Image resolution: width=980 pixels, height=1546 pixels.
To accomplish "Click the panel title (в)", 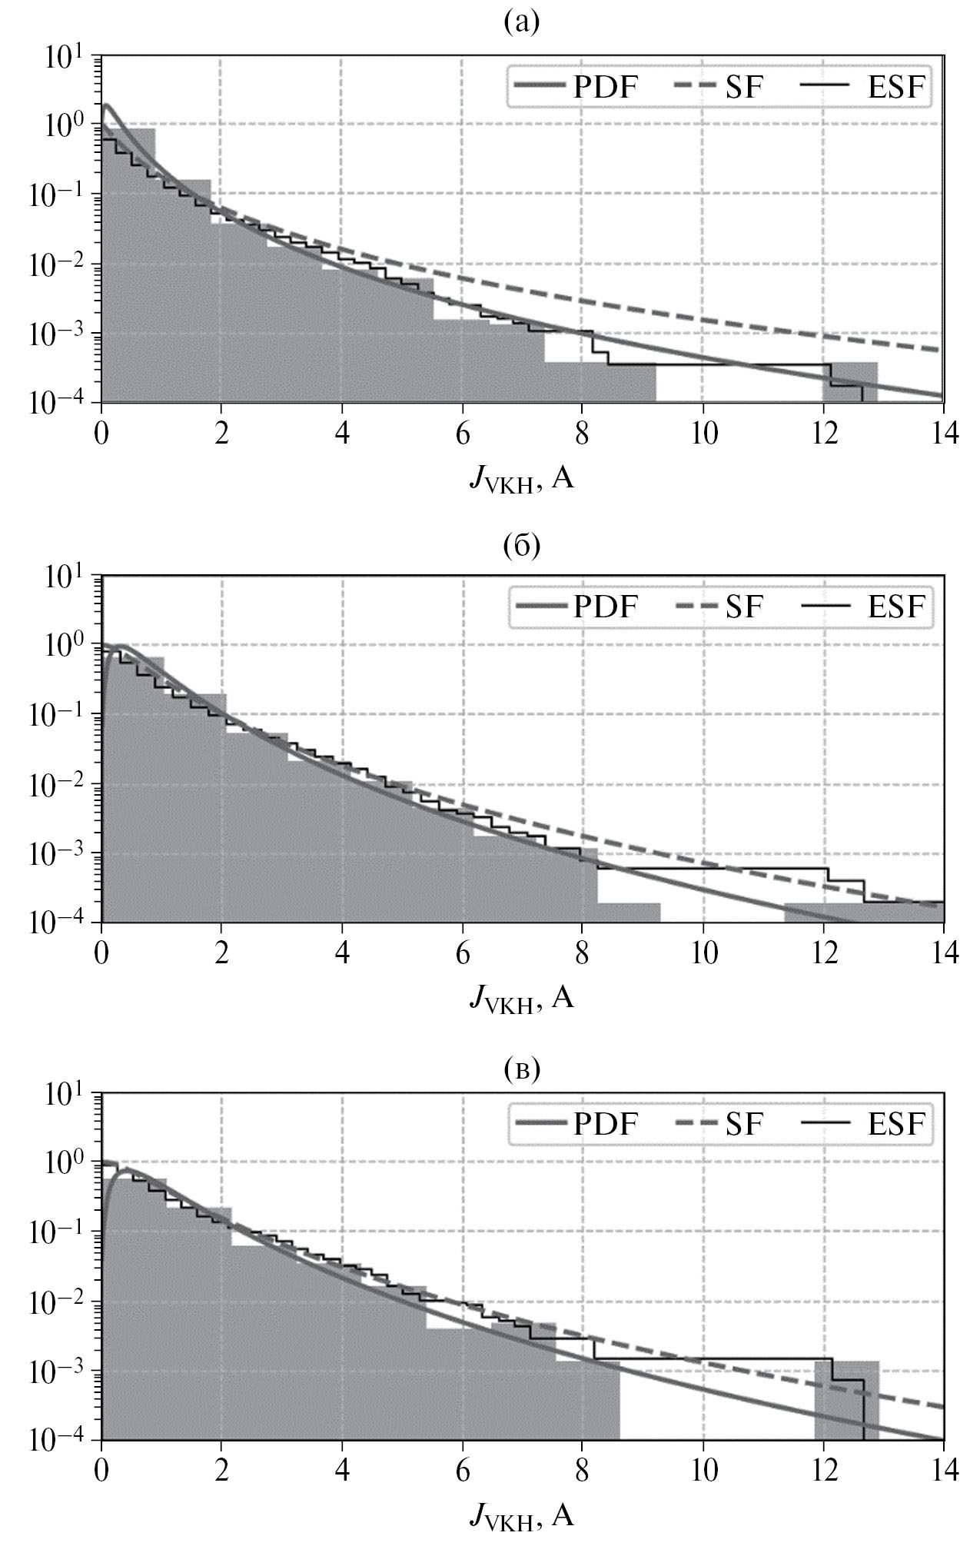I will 522,1068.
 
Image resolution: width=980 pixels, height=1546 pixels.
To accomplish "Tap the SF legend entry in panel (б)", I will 718,607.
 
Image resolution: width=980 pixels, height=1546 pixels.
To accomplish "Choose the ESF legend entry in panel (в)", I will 862,1124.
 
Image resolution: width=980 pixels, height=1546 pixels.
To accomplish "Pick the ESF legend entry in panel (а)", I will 862,88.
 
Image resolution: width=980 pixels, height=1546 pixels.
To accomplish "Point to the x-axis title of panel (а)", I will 522,481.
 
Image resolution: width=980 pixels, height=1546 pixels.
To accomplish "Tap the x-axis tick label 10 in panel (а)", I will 703,434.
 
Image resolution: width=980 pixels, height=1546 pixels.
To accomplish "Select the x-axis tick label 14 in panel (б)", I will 944,953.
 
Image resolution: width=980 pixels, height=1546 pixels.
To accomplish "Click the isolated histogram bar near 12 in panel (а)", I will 850,382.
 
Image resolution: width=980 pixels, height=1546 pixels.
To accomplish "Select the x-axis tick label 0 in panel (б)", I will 101,953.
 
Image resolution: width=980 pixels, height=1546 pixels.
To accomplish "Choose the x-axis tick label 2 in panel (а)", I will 221,434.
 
